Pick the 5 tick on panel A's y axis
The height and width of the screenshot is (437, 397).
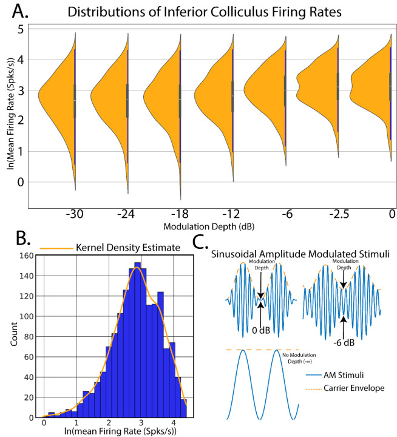[21, 29]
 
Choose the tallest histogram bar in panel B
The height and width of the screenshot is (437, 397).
[138, 340]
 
